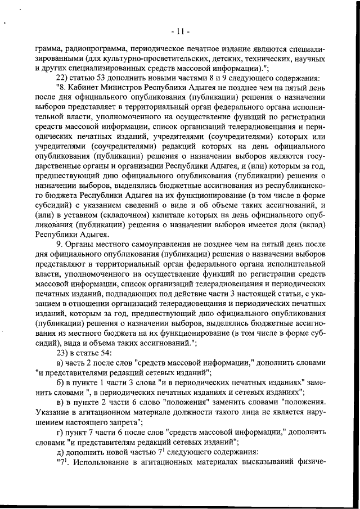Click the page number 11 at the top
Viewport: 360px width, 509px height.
[x=179, y=29]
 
